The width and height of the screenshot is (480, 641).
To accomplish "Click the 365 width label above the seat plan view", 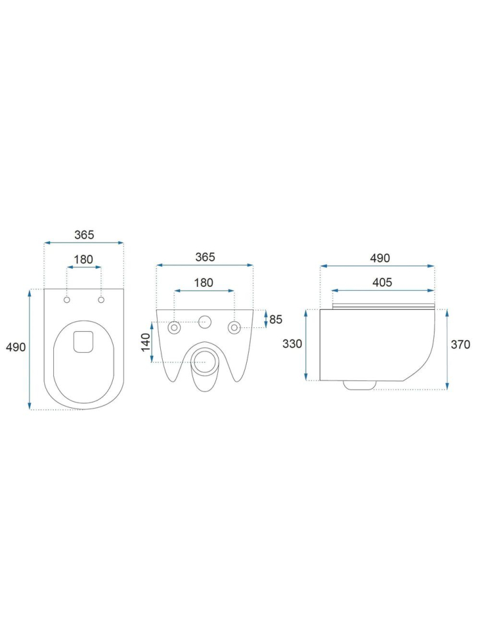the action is point(84,235).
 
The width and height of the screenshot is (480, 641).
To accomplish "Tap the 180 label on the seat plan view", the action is point(83,259).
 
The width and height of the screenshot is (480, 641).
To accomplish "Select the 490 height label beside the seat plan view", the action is point(15,347).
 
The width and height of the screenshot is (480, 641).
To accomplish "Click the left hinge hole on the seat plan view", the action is point(67,300).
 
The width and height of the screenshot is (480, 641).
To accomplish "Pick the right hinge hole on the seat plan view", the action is point(101,300).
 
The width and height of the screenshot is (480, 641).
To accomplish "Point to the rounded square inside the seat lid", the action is point(83,341).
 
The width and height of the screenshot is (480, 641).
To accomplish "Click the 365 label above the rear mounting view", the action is point(205,257).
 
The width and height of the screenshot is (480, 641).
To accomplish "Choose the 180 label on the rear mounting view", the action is point(204,282).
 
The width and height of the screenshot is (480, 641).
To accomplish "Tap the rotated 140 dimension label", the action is point(145,342).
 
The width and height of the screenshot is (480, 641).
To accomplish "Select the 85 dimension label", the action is point(276,320).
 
